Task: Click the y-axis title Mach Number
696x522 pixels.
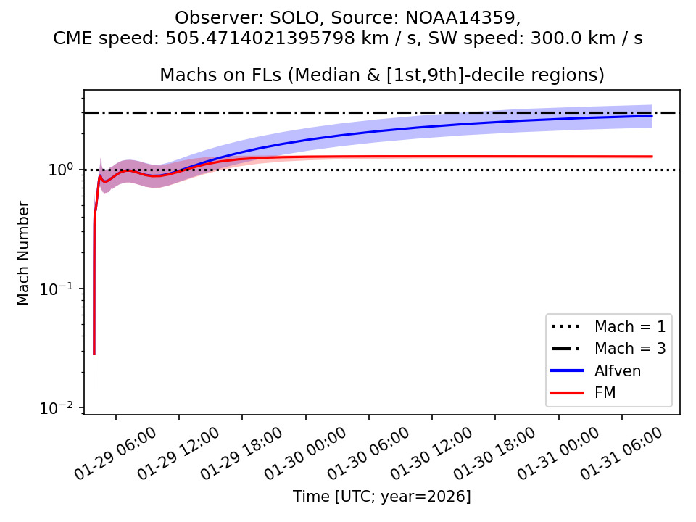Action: click(x=24, y=252)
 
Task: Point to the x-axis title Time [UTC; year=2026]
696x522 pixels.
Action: click(x=382, y=497)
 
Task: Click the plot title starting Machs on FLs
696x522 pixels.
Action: click(x=382, y=75)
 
